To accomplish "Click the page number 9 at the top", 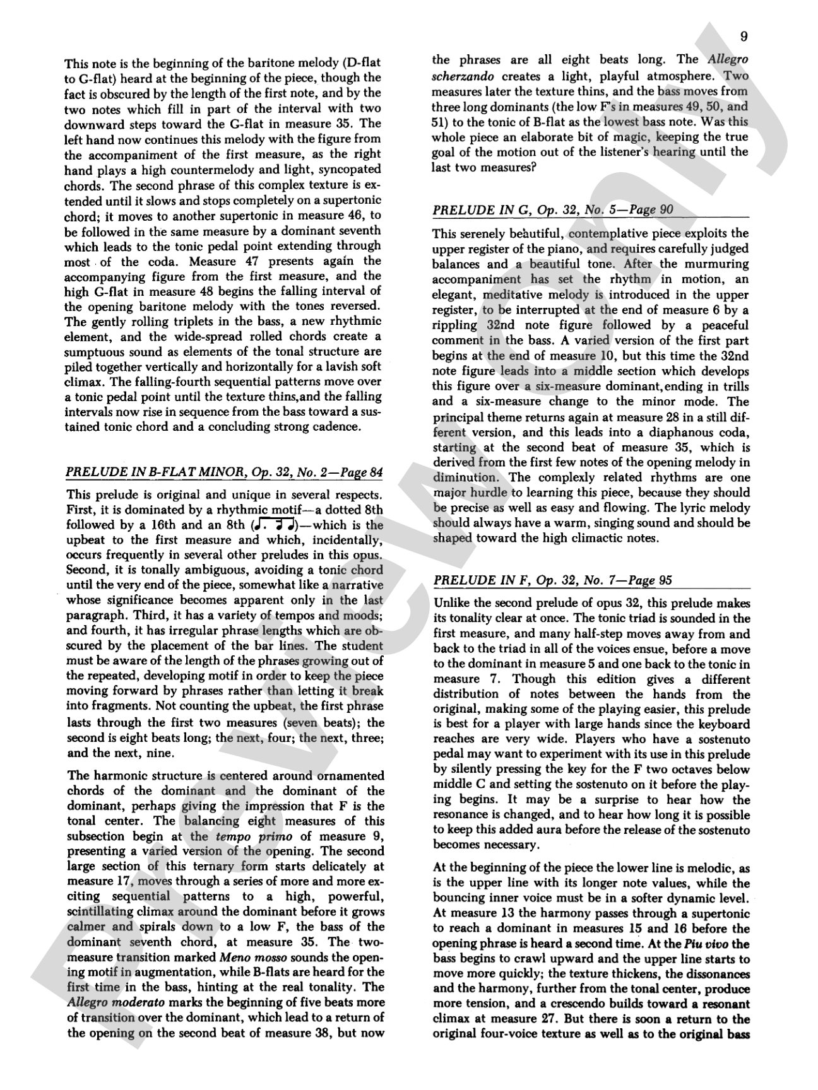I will point(744,37).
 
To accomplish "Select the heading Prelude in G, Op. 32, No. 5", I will point(552,210).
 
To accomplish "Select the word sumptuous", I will point(98,351).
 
